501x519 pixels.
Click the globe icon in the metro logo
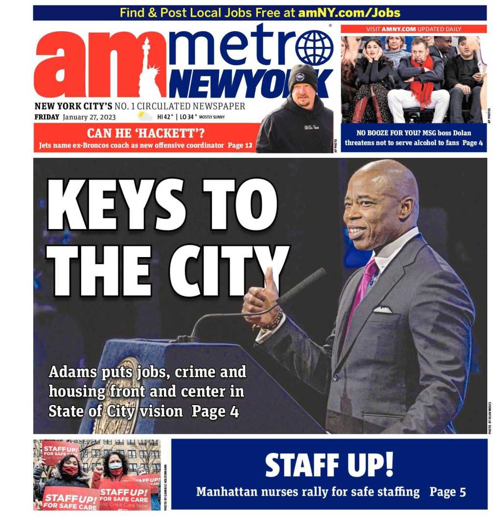(314, 48)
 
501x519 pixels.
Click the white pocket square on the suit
(383, 309)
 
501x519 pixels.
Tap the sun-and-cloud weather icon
(145, 116)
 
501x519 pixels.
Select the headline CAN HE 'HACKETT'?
(145, 132)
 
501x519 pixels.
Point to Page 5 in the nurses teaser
(448, 492)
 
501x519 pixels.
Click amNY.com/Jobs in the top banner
(349, 13)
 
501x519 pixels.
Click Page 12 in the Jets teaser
(242, 146)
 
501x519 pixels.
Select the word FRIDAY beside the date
(47, 117)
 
